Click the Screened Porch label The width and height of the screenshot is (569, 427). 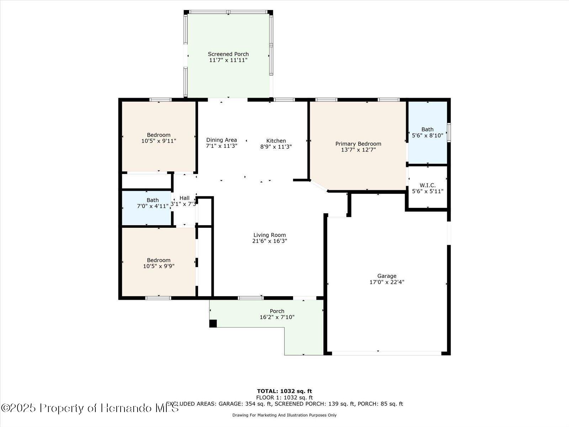pos(228,54)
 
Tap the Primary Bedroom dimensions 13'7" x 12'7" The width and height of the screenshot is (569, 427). pos(358,150)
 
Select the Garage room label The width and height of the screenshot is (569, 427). pos(387,276)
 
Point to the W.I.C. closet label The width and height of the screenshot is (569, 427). pos(427,185)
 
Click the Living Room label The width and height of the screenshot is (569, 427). pos(270,235)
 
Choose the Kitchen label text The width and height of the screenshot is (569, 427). pos(276,141)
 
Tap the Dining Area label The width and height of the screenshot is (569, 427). pos(222,140)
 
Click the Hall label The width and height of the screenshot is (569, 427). pos(185,198)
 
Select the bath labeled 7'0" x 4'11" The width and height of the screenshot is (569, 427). pos(153,203)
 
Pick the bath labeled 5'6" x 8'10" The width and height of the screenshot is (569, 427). pos(427,132)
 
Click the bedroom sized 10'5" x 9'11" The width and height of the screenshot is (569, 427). pos(159,138)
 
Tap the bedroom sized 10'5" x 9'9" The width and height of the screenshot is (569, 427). pos(159,263)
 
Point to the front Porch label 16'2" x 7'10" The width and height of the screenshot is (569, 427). pos(277,314)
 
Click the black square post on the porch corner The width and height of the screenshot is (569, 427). pos(213,323)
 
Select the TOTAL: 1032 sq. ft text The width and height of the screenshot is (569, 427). pos(284,391)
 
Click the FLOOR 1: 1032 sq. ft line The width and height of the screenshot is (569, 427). pos(284,397)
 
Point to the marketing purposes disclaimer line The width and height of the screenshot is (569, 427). pos(284,415)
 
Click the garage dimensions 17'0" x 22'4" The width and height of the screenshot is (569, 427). pos(387,282)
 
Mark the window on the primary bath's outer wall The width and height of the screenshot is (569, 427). pos(449,132)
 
